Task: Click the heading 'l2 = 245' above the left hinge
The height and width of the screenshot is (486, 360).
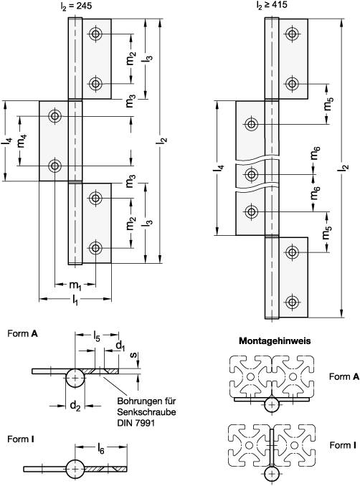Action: [x=76, y=6]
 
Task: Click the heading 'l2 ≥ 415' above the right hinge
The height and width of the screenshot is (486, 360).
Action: [x=272, y=5]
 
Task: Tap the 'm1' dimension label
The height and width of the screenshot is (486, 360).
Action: [x=75, y=285]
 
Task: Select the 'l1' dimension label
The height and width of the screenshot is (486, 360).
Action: [x=75, y=300]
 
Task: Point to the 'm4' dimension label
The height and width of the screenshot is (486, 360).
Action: [x=23, y=141]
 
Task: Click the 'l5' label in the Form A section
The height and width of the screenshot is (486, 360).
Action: [x=96, y=335]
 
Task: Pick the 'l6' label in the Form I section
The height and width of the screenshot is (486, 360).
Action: [x=101, y=449]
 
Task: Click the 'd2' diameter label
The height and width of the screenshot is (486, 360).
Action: [x=75, y=406]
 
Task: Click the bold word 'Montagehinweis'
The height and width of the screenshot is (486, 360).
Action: [x=275, y=341]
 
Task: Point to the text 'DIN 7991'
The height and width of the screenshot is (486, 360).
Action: [x=136, y=423]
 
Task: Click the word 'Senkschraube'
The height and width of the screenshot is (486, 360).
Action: [x=146, y=412]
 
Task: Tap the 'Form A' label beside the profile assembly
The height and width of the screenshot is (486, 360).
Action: [x=344, y=376]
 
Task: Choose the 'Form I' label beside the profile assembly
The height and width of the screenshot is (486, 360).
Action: [x=342, y=445]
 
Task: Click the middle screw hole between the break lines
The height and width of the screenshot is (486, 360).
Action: [x=252, y=175]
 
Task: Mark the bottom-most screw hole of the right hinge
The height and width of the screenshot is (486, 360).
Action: [x=292, y=302]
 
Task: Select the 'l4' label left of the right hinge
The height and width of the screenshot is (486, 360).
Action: [x=220, y=168]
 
